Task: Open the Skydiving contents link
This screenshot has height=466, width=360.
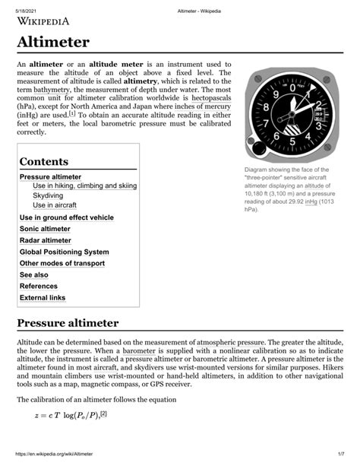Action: click(48, 195)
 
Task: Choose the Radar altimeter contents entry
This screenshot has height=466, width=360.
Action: click(51, 240)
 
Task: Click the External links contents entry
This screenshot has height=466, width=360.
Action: click(43, 297)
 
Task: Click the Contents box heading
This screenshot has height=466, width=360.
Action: click(44, 162)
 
